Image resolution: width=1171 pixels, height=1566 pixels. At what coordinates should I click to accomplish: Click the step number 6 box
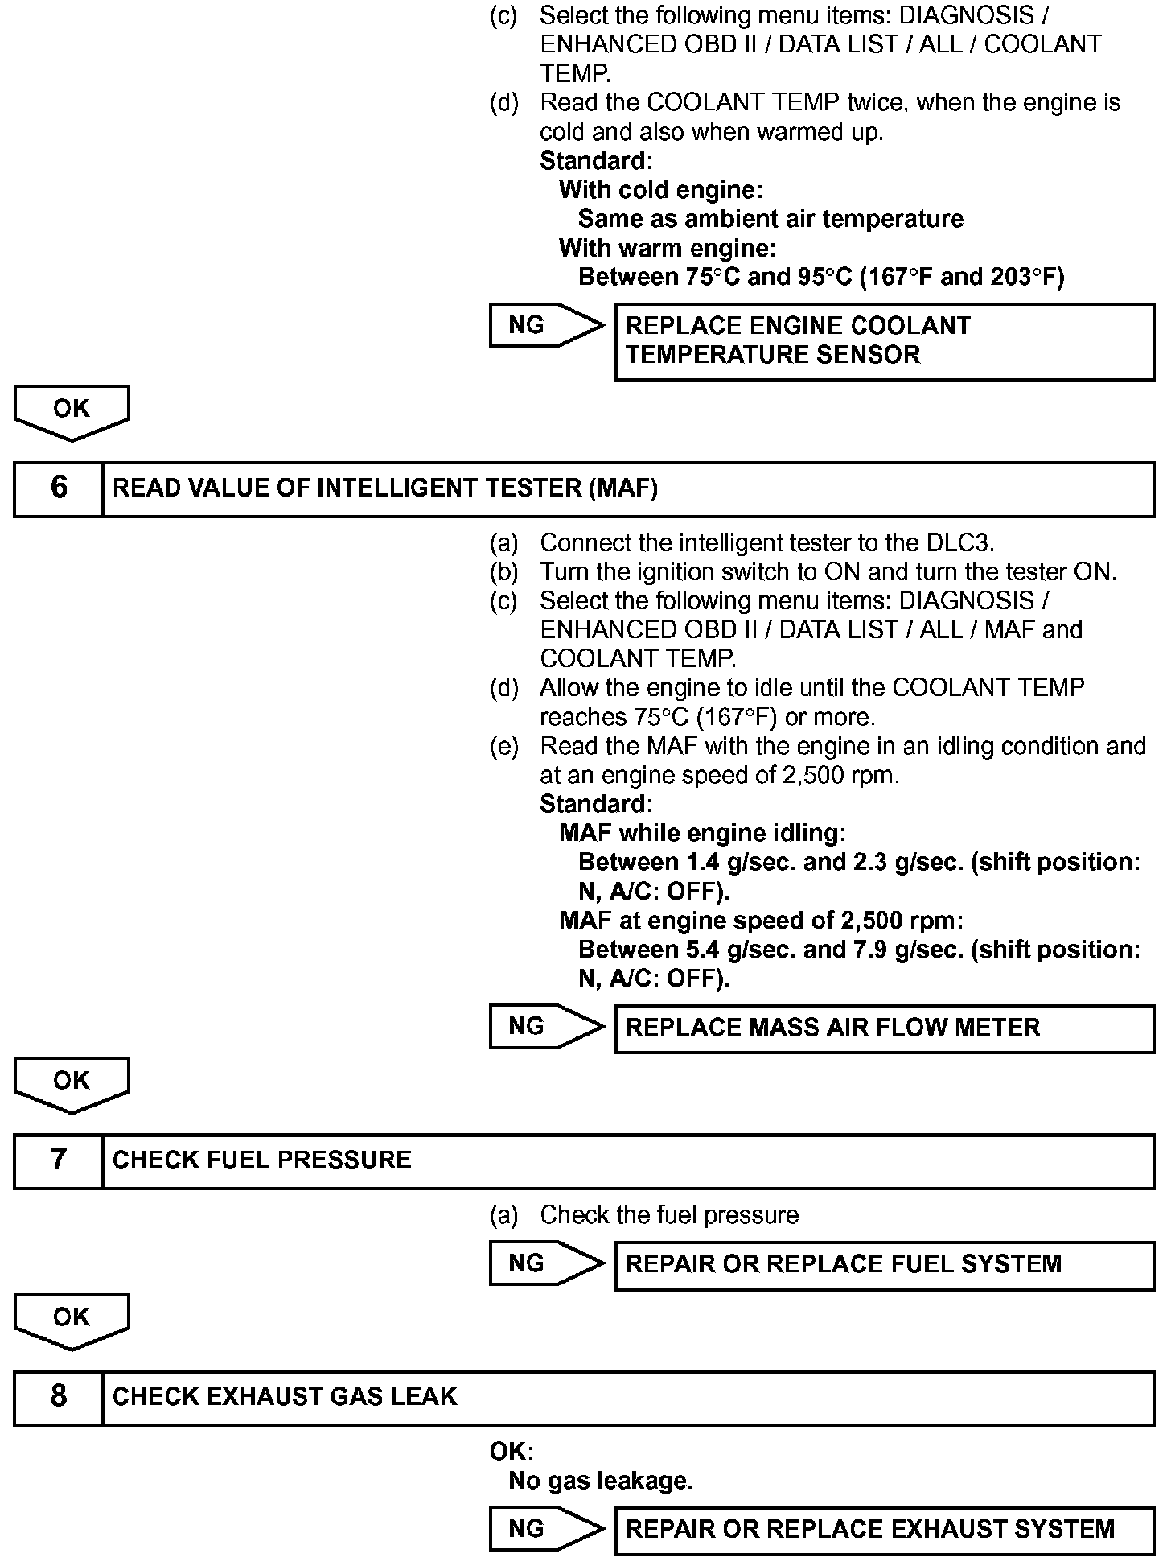coord(59,488)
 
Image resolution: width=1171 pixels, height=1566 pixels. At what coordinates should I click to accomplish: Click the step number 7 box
coord(59,1160)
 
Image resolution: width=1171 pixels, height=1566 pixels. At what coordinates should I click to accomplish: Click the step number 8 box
coord(59,1397)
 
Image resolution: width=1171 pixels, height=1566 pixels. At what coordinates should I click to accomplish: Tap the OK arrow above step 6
coord(72,411)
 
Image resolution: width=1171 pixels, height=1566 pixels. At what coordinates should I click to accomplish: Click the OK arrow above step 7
coord(72,1083)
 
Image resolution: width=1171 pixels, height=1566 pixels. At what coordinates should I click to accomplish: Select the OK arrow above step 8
coord(72,1320)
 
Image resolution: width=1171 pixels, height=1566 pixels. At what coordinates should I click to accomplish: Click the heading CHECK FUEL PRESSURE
coord(261,1160)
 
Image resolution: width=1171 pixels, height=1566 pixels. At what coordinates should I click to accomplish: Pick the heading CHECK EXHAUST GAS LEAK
coord(285,1397)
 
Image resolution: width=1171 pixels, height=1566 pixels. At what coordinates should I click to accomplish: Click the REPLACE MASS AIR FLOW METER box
coord(884,1028)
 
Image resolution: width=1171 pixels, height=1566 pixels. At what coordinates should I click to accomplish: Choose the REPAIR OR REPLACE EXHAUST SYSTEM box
coord(884,1530)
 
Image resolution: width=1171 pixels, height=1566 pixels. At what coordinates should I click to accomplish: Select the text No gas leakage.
coord(600,1481)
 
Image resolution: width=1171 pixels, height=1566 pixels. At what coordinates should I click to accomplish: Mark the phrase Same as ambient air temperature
coord(770,219)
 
